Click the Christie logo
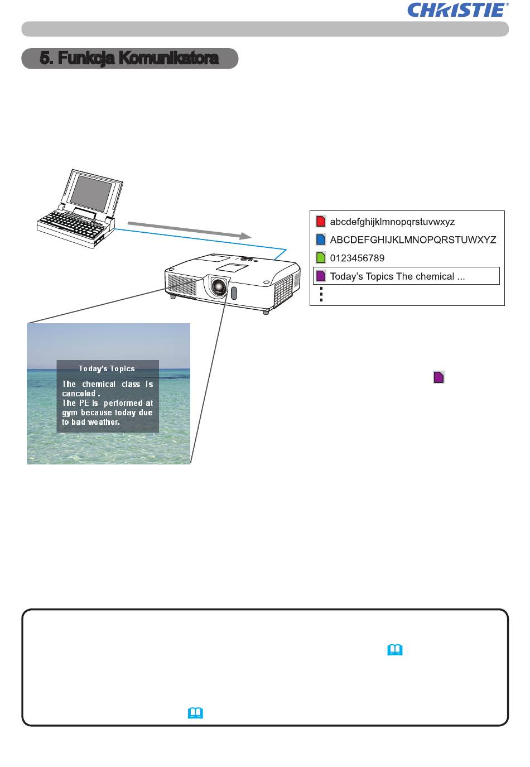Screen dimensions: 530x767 click(x=458, y=10)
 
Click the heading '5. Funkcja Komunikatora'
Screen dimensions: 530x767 click(x=129, y=58)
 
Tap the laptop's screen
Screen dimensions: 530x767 click(x=91, y=193)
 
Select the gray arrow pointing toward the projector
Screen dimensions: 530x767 click(x=190, y=230)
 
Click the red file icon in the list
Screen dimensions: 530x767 click(x=321, y=221)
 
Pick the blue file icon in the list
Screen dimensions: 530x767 click(x=321, y=239)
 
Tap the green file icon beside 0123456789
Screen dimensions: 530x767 click(x=321, y=257)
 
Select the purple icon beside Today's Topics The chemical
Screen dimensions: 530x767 click(x=321, y=276)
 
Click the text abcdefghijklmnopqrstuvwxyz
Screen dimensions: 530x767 click(x=392, y=222)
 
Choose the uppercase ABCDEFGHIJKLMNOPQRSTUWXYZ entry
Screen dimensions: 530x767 click(x=413, y=239)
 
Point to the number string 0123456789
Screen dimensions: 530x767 click(x=357, y=258)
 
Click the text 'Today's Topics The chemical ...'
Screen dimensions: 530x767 click(x=397, y=276)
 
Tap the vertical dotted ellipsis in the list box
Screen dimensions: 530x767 click(x=321, y=294)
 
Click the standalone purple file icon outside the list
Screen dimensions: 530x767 click(x=439, y=377)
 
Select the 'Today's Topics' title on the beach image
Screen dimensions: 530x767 click(x=107, y=369)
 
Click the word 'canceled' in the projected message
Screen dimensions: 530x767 click(x=79, y=394)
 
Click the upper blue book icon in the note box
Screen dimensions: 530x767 click(x=395, y=650)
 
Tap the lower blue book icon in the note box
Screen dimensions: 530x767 click(x=195, y=713)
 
